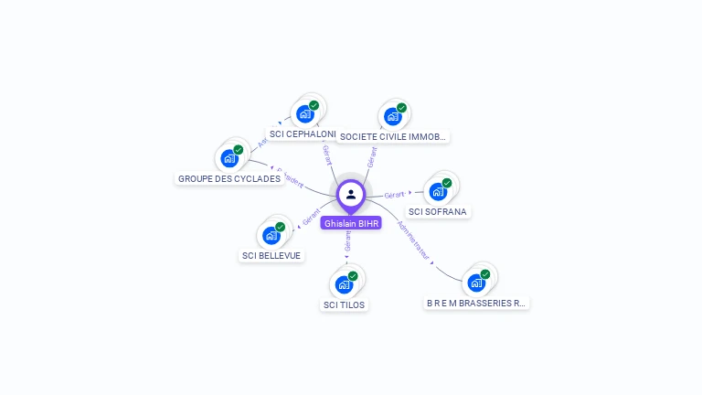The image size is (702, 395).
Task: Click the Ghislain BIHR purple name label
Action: click(x=351, y=223)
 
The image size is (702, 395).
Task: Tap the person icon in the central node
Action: click(x=351, y=194)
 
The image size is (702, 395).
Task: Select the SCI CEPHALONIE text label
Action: click(x=303, y=133)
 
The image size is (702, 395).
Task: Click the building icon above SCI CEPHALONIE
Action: click(x=304, y=114)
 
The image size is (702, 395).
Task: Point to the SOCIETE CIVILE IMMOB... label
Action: click(x=392, y=137)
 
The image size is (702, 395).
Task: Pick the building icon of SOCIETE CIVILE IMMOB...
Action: click(x=393, y=116)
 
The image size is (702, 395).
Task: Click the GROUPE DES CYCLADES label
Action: click(x=229, y=178)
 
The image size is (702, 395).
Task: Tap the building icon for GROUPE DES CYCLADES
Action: click(x=229, y=158)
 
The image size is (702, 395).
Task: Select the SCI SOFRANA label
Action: click(x=438, y=211)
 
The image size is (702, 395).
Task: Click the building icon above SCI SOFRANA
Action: click(x=439, y=191)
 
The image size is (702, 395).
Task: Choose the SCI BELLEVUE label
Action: click(x=271, y=255)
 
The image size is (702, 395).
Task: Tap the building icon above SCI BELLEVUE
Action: click(x=271, y=235)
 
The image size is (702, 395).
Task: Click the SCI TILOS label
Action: click(x=344, y=304)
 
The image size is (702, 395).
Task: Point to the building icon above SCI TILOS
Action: click(x=344, y=284)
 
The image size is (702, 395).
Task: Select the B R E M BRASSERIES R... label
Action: click(x=476, y=303)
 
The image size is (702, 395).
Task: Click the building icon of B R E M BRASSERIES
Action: click(x=476, y=283)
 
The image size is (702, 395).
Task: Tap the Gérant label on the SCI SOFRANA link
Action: click(x=395, y=195)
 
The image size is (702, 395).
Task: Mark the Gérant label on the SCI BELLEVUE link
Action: click(x=312, y=219)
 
